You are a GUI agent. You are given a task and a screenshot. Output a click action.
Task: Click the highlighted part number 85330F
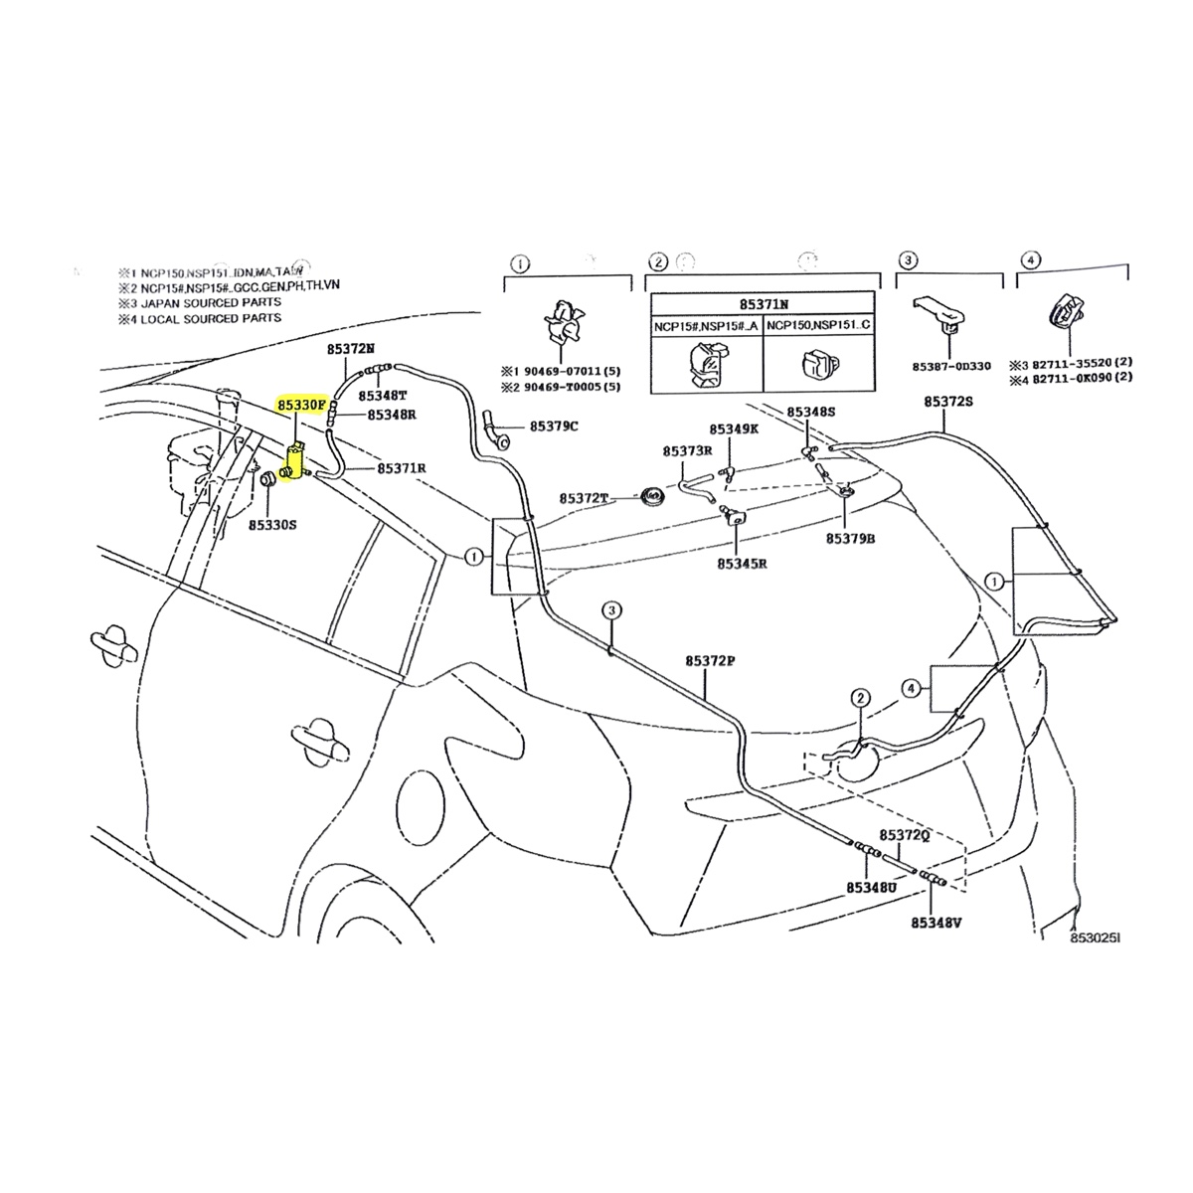click(302, 406)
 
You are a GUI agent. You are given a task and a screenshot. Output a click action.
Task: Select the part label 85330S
click(272, 523)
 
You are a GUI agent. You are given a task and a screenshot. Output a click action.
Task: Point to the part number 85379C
click(554, 426)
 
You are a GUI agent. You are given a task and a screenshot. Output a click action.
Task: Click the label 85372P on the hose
click(710, 660)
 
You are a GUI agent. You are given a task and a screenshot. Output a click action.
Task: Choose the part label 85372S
click(948, 401)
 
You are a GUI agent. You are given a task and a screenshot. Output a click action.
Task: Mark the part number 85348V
click(936, 923)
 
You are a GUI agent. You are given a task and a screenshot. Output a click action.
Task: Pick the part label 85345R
click(735, 563)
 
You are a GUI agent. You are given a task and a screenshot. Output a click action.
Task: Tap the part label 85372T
click(583, 497)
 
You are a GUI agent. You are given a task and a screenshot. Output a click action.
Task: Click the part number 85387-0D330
click(951, 366)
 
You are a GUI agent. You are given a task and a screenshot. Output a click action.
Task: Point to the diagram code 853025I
click(1095, 937)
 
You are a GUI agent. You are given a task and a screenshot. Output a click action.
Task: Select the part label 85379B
click(849, 538)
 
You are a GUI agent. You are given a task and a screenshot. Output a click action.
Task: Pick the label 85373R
click(688, 450)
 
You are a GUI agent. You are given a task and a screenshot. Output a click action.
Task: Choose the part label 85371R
click(402, 467)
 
